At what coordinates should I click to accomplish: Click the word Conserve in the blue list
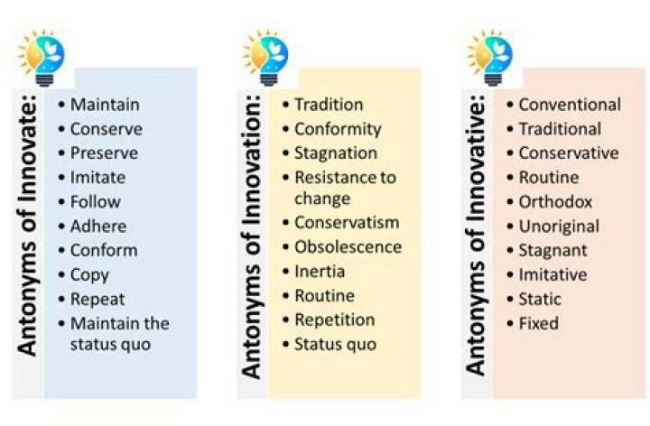coord(107,129)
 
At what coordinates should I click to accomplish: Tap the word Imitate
coord(97,178)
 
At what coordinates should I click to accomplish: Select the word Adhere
coord(98,227)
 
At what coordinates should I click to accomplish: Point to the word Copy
coord(89,275)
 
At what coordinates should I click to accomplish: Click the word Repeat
coord(97,300)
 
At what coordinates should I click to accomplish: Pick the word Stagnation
coord(336,153)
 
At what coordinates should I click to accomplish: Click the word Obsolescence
coord(348,247)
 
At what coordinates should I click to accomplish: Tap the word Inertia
coord(320,272)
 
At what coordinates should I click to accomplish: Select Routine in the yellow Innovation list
coord(325,296)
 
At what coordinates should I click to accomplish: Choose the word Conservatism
coord(347,223)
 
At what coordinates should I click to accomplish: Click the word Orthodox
coord(555,202)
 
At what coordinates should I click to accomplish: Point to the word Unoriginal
coord(559,227)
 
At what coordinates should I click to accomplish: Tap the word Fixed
coord(538,323)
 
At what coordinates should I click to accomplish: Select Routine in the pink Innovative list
coord(549,178)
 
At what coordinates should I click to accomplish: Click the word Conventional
coord(570,105)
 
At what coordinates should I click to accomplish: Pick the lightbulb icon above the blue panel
coord(42,58)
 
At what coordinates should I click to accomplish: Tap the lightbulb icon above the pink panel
coord(490,58)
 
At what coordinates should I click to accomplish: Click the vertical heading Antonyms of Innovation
coord(251,237)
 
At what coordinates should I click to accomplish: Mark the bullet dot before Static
coord(510,300)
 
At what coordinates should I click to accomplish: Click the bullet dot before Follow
coord(61,202)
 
